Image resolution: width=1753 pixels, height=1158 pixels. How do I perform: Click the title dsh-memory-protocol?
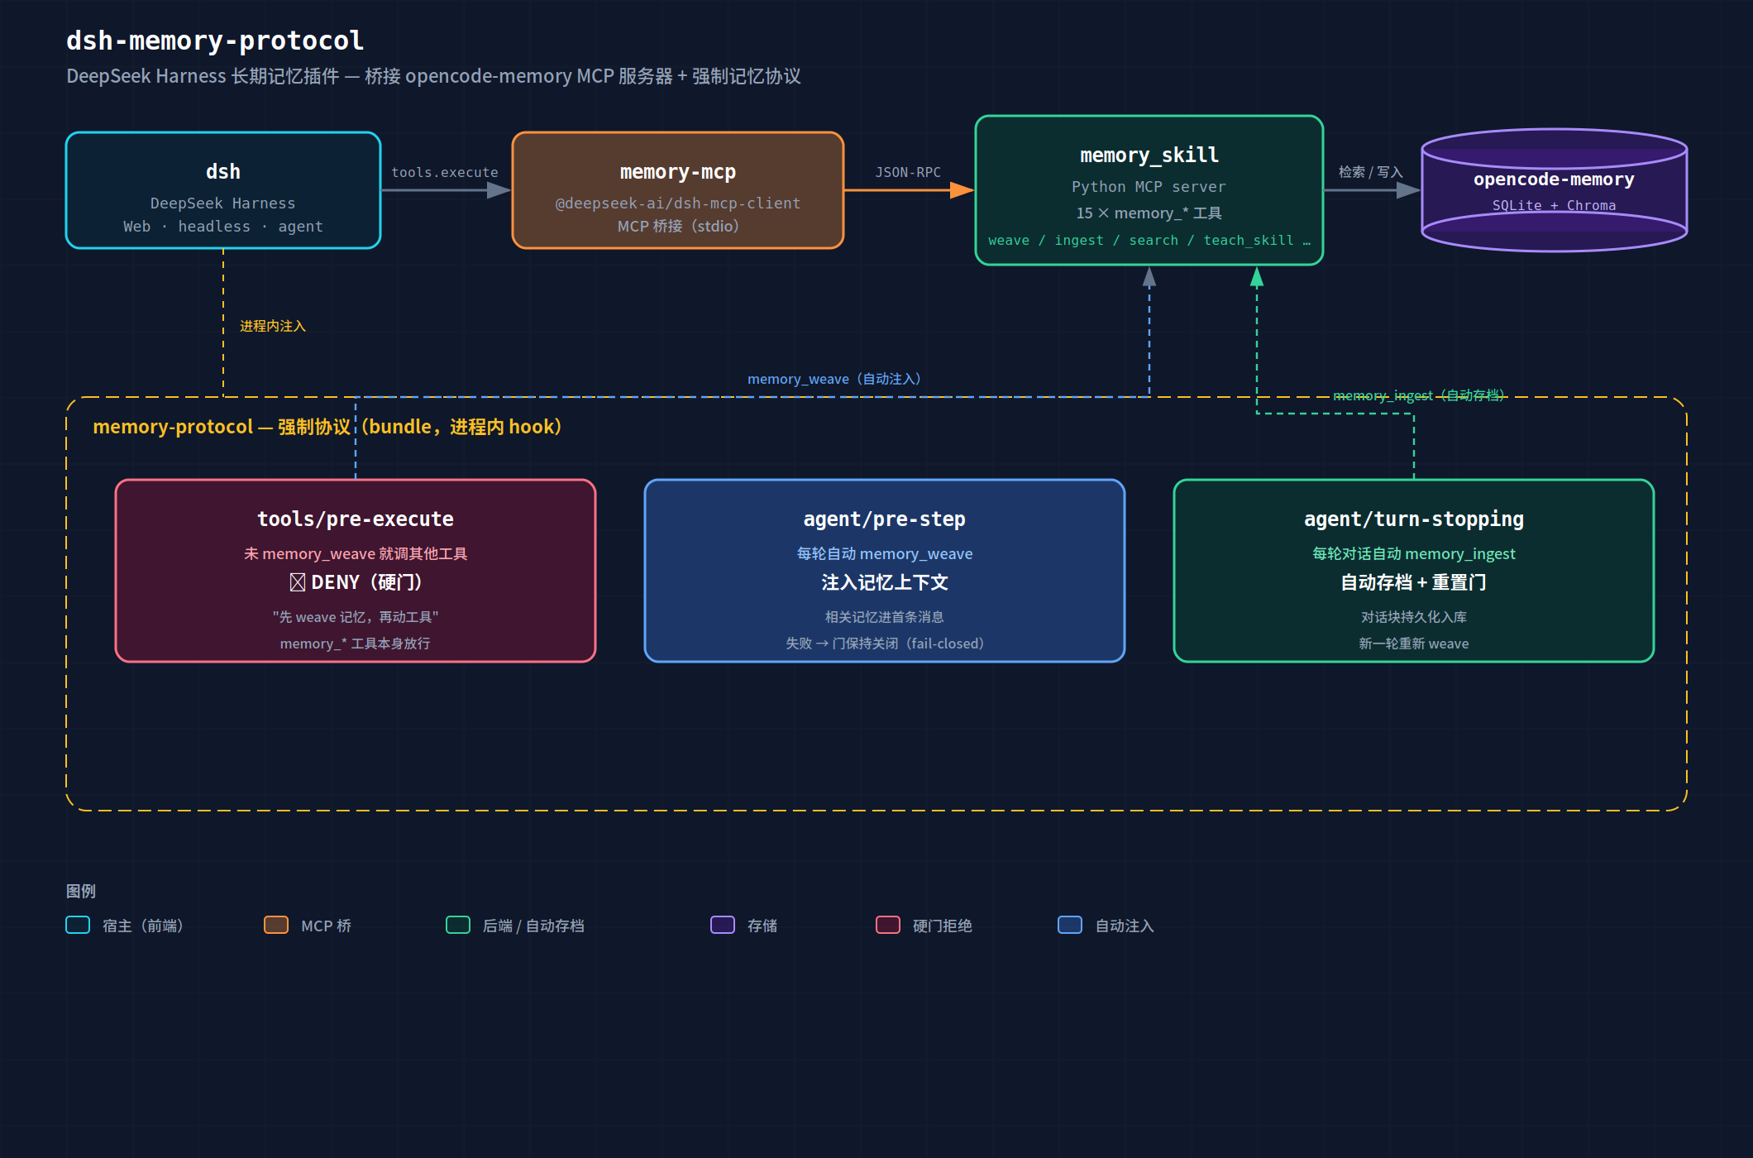point(215,41)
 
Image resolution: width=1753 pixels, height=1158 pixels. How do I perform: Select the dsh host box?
point(223,190)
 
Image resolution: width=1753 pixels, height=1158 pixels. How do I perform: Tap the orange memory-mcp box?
point(678,190)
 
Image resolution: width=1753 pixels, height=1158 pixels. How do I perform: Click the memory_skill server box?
point(1149,190)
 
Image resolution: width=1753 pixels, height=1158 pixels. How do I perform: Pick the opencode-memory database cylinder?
point(1555,190)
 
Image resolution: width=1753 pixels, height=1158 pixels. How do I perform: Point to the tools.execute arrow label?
point(445,172)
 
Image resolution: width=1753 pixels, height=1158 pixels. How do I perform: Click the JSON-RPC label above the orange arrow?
point(908,172)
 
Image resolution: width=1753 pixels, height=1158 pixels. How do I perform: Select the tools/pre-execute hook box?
point(356,571)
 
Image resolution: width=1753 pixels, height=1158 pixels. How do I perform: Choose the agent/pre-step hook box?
point(885,571)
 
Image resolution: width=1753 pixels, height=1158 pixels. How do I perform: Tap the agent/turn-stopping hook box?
point(1414,571)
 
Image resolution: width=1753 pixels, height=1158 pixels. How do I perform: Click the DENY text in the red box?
point(335,582)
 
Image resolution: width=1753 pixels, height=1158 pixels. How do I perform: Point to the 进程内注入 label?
point(273,326)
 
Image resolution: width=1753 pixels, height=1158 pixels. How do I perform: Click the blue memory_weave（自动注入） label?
point(834,379)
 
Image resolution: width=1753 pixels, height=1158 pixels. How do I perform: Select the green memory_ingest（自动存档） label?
point(1420,395)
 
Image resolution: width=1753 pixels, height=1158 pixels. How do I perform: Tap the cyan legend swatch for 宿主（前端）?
point(78,925)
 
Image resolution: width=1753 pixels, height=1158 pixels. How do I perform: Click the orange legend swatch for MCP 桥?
point(276,925)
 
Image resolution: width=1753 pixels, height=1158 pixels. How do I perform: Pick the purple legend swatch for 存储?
point(723,925)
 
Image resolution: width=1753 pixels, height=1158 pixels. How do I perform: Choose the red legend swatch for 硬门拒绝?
point(888,925)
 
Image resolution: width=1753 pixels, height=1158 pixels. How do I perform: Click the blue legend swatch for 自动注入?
point(1070,925)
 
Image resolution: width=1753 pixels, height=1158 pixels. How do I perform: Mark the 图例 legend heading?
point(81,891)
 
